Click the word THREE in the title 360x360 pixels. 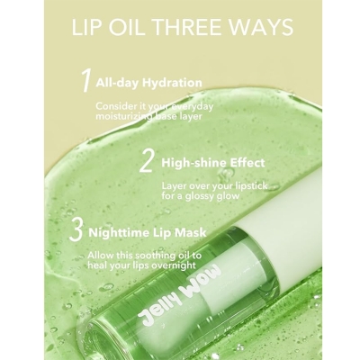[192, 27]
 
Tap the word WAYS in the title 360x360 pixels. [262, 27]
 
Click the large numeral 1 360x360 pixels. [85, 82]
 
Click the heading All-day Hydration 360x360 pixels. [149, 83]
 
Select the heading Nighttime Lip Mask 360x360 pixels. [148, 232]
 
